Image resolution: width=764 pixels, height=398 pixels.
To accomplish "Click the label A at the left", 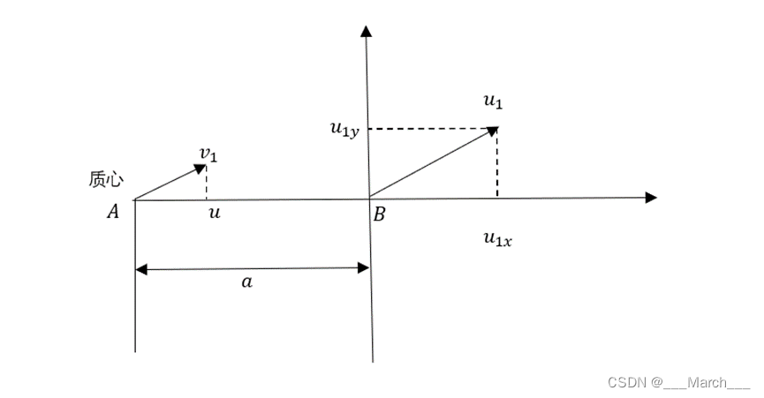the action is coord(113,211).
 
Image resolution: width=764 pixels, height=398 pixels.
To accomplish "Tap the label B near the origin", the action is coord(379,212).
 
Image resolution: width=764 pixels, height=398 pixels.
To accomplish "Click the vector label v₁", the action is coord(208,155).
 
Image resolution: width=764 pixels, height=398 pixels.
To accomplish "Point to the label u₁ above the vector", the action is coord(493,101).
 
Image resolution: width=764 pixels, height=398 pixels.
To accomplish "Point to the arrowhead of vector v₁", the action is coord(200,167).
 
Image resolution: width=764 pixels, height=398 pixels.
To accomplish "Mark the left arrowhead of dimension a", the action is coord(141,267).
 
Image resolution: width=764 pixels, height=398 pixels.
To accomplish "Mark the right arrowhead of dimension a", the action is coord(362,267).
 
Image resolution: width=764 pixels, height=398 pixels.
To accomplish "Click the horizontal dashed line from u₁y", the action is coord(428,129).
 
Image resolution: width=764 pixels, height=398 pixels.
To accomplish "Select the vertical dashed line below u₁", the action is coord(497,163).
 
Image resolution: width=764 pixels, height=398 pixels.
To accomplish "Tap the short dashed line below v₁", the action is coord(206,182).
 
